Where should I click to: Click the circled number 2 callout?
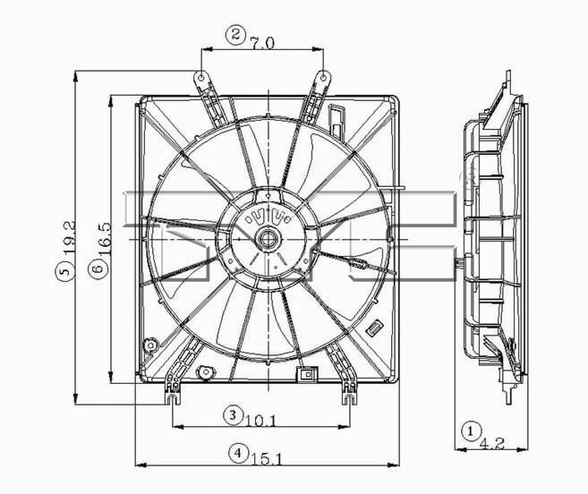pyautogui.click(x=235, y=35)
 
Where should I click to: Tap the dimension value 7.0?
pyautogui.click(x=262, y=43)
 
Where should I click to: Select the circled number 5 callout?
pyautogui.click(x=64, y=271)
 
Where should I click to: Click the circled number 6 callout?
pyautogui.click(x=98, y=268)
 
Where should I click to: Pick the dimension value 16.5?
pyautogui.click(x=105, y=239)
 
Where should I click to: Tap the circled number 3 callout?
pyautogui.click(x=233, y=415)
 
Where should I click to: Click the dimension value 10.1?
pyautogui.click(x=260, y=422)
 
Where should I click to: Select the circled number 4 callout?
pyautogui.click(x=238, y=453)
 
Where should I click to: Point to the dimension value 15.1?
pyautogui.click(x=266, y=459)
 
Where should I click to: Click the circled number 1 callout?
pyautogui.click(x=472, y=431)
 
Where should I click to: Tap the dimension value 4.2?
pyautogui.click(x=492, y=443)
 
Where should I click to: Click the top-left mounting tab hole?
pyautogui.click(x=201, y=78)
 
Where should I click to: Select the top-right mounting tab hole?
pyautogui.click(x=324, y=78)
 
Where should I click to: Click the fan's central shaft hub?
pyautogui.click(x=267, y=239)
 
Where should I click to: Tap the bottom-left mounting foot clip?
pyautogui.click(x=173, y=394)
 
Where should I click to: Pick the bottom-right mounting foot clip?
pyautogui.click(x=350, y=394)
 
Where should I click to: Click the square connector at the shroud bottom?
pyautogui.click(x=307, y=374)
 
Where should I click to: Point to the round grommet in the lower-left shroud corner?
pyautogui.click(x=150, y=345)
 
